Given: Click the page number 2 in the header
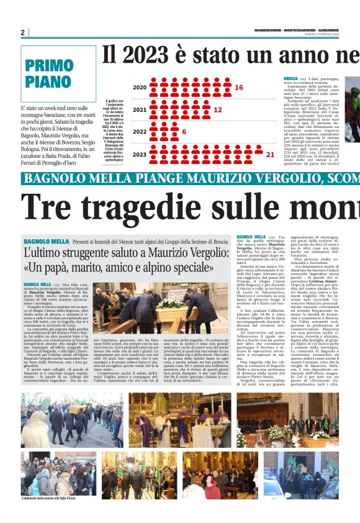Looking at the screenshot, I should pos(22,32).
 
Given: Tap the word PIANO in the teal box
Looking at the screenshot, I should pos(48,83).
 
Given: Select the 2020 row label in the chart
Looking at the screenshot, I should pos(140,88).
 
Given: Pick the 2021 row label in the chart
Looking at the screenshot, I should pos(140,110).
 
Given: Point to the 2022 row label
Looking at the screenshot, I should pos(140,132).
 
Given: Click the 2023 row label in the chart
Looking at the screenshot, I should pos(140,154).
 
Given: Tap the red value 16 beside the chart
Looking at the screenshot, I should pos(238,88).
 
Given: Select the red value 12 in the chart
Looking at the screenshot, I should pos(217,109).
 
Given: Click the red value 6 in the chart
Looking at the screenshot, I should pos(184,132).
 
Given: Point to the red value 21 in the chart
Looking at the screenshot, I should pos(269,154).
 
